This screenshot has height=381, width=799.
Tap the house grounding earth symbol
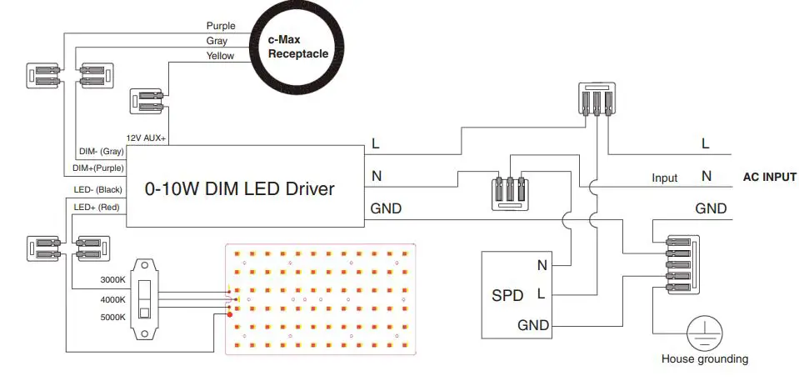click(x=704, y=333)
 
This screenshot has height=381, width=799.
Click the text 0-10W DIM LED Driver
click(x=240, y=189)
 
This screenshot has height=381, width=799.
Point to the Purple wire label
click(x=221, y=26)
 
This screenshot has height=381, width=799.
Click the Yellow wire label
click(x=220, y=56)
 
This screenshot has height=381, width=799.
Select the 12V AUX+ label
click(x=147, y=138)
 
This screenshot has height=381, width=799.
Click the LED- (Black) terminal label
click(x=98, y=191)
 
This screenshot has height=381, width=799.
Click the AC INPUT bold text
click(x=769, y=177)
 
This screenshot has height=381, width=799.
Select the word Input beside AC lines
click(x=664, y=178)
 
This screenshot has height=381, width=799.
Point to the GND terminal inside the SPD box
click(x=533, y=324)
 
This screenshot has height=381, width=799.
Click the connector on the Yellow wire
click(x=147, y=102)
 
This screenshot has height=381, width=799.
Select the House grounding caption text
click(x=704, y=359)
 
